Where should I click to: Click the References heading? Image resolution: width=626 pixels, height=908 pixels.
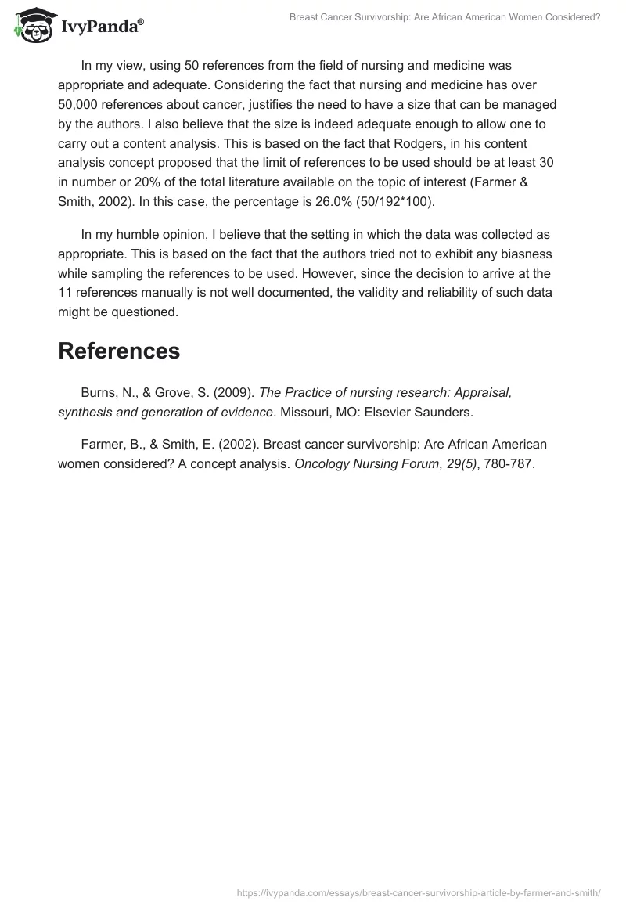coord(119,351)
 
